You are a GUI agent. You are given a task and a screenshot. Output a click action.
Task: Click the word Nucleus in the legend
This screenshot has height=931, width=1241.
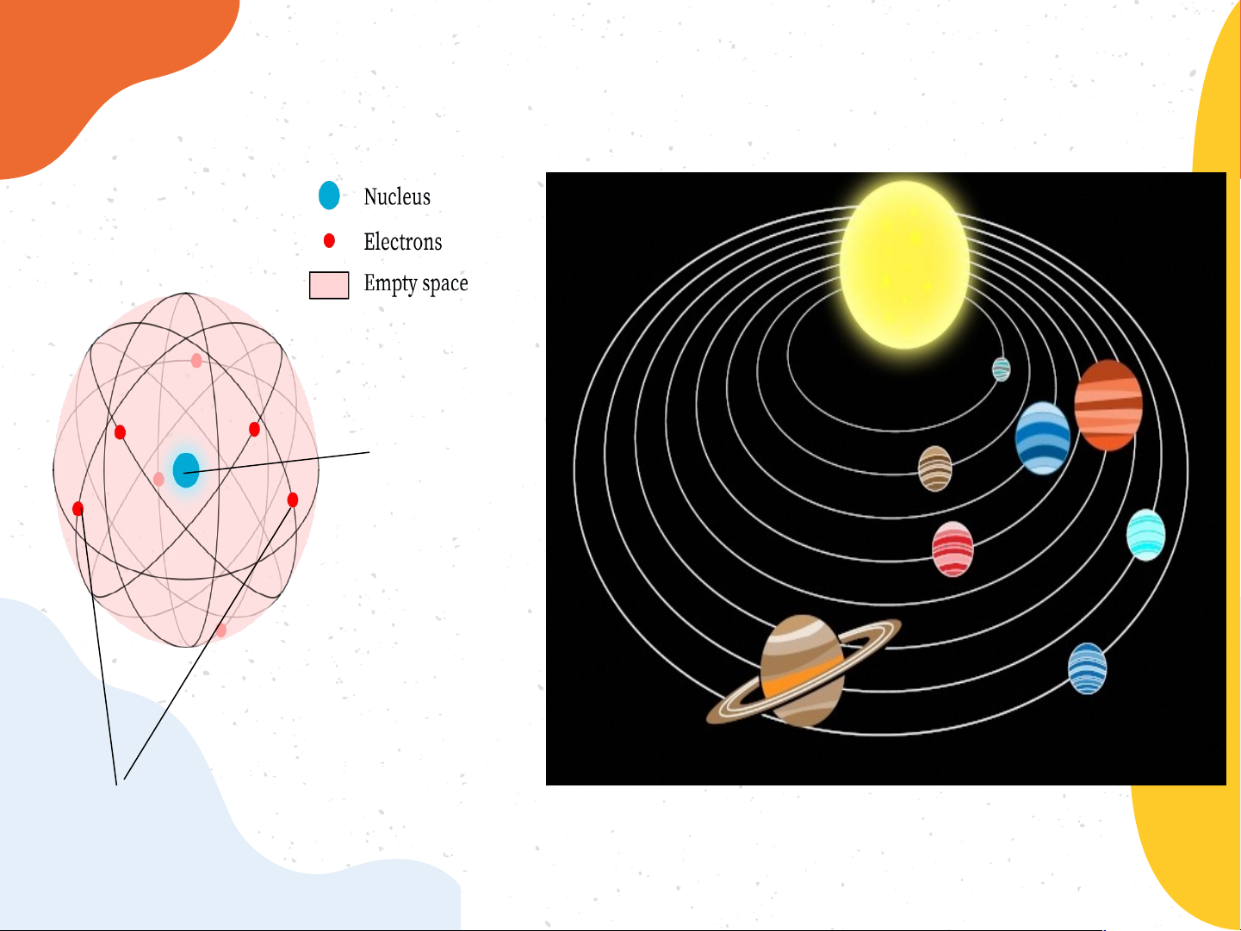click(x=397, y=196)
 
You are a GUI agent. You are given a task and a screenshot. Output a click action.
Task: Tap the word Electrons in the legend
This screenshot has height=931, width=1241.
click(x=402, y=242)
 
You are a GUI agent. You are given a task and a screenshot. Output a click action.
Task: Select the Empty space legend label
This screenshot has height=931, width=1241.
click(x=416, y=283)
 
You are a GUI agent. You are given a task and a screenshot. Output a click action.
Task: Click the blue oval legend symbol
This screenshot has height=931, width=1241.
click(x=329, y=196)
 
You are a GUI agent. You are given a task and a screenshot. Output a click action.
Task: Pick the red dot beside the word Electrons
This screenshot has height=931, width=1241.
click(x=329, y=241)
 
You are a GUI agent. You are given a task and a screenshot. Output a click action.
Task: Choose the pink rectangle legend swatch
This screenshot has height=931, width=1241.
click(x=329, y=285)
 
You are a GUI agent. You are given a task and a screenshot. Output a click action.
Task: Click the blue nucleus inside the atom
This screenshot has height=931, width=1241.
click(x=186, y=469)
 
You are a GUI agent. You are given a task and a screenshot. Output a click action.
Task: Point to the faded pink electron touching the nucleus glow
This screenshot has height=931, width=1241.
click(x=158, y=480)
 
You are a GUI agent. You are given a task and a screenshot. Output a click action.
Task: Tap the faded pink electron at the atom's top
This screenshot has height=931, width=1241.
click(x=196, y=361)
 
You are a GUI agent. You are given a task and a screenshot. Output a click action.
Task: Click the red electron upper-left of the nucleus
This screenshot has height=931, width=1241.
click(x=120, y=432)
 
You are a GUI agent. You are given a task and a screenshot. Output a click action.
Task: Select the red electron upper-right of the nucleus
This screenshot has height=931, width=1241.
click(x=254, y=430)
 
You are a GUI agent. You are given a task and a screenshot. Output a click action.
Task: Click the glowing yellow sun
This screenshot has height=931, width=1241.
click(x=904, y=264)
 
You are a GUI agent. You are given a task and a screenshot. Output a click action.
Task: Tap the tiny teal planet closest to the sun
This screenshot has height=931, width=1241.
click(x=1002, y=369)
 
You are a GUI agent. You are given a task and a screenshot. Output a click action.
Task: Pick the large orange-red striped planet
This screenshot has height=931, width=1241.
click(x=1108, y=406)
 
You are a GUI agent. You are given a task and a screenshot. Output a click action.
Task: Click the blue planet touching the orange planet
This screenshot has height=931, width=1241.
click(x=1043, y=438)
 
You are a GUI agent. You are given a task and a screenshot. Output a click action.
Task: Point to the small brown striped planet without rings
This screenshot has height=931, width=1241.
click(x=935, y=469)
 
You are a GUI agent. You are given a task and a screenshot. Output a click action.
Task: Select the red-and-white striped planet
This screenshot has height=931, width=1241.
click(x=952, y=549)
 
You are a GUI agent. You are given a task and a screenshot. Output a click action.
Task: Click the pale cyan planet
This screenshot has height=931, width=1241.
click(x=1146, y=535)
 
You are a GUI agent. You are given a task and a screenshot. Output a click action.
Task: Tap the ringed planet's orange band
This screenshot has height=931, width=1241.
click(x=803, y=673)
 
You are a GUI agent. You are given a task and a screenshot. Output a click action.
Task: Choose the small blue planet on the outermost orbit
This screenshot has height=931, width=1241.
click(x=1087, y=668)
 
